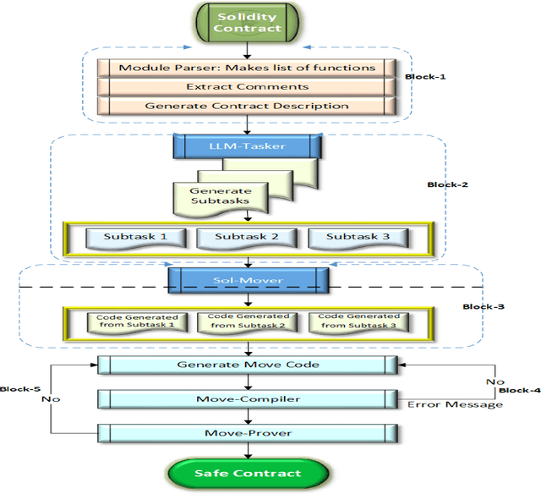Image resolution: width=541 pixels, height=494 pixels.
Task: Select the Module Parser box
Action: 246,68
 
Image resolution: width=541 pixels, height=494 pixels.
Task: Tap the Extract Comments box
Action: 246,87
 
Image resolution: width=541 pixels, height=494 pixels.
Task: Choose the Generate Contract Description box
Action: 246,107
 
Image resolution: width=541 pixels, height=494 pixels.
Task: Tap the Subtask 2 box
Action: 245,237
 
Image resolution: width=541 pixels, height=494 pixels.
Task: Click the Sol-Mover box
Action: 246,279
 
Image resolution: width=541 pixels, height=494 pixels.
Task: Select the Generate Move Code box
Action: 246,365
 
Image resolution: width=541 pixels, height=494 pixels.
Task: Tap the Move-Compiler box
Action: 246,398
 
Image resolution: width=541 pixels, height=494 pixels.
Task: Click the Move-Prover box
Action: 246,432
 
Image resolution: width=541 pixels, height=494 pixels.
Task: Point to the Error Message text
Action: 455,404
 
